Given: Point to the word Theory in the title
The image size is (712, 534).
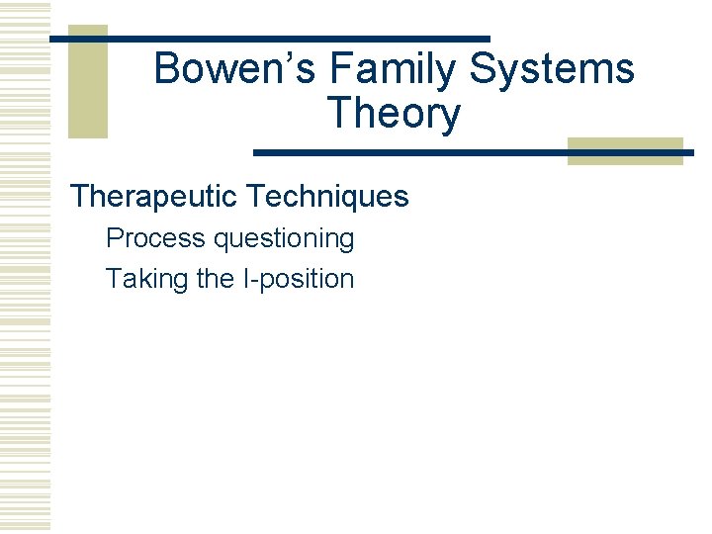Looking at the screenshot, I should (x=393, y=114).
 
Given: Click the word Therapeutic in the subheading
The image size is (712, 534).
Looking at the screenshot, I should (x=154, y=197).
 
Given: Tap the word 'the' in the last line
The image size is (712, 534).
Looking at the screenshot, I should (x=215, y=280).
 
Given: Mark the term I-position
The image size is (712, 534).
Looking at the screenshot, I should (x=298, y=280).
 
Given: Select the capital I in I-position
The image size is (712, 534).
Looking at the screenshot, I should (x=245, y=280).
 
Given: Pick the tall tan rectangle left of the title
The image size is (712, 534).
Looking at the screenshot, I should (x=87, y=81).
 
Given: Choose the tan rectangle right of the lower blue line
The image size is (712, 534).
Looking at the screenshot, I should (x=625, y=149).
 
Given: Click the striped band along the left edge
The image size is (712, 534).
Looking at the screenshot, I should (x=25, y=267).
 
